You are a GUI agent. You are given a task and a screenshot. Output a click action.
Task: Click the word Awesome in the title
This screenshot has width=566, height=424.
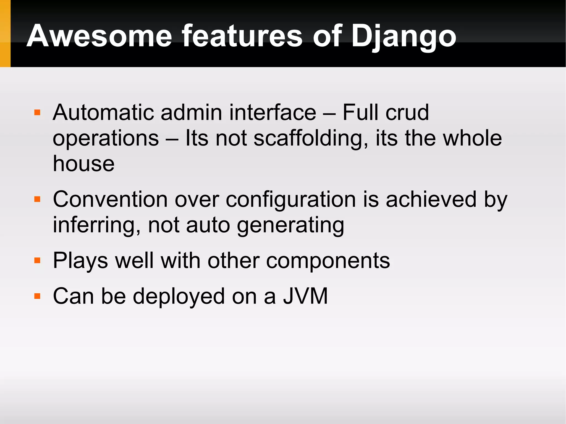click(99, 36)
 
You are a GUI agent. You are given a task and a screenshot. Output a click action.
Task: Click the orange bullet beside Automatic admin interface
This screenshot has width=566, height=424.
click(37, 112)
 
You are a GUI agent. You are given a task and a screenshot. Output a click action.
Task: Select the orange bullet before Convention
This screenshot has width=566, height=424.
click(37, 199)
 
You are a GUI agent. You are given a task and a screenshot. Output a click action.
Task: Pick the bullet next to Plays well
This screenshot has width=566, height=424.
click(37, 260)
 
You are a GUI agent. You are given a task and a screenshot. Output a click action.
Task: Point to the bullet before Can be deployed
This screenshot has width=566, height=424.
click(37, 296)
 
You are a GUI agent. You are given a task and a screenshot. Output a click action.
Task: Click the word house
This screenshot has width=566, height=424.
click(83, 164)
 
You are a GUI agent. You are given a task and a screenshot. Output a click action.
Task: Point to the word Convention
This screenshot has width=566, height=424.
click(110, 199)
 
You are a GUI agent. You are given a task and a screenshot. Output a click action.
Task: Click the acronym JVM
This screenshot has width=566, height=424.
click(305, 296)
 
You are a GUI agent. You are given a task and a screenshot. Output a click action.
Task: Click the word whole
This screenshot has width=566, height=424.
click(472, 138)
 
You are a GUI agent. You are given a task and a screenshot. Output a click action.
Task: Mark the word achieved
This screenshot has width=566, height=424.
click(431, 199)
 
